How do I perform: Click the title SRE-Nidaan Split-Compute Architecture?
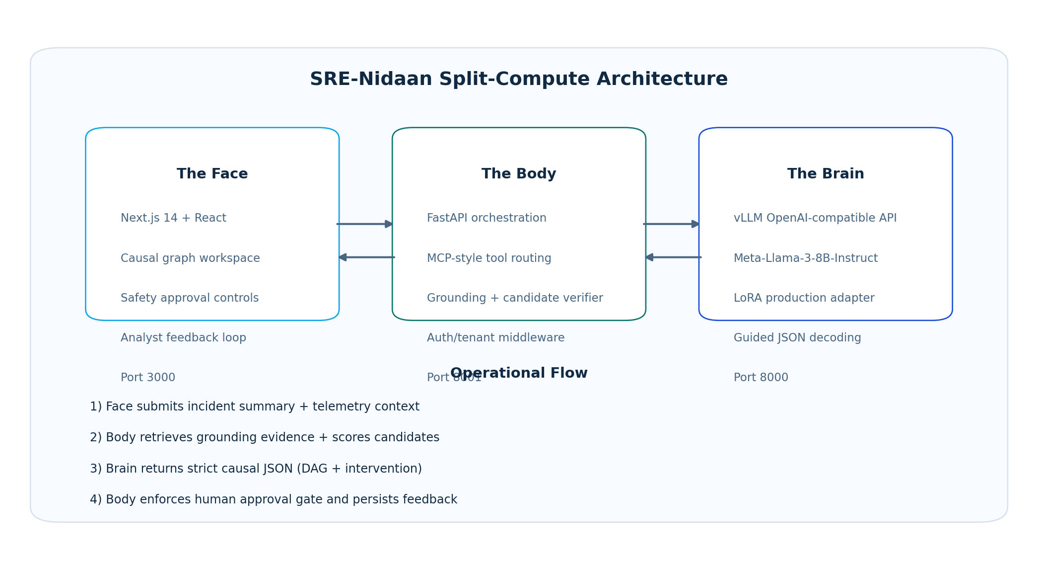519,80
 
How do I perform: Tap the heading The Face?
212,174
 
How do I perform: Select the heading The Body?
519,174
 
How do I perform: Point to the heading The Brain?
826,174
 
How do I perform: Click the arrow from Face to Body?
365,224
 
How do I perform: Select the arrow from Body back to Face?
366,257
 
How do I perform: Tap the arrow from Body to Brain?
672,224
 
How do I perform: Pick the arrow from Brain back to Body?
673,257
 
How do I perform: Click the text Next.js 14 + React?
173,218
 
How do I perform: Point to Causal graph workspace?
190,258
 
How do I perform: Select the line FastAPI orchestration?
486,218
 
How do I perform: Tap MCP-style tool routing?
489,258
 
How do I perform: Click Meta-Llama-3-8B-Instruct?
806,258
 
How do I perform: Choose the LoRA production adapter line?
804,298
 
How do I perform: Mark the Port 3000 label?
148,378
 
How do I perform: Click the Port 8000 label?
761,378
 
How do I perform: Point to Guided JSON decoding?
797,338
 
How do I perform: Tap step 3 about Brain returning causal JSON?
256,469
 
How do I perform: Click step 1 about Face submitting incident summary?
255,407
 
